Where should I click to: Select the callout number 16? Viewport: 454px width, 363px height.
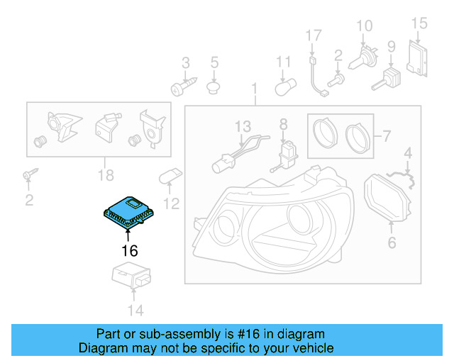tap(128, 250)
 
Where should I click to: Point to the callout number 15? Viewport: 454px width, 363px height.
tap(419, 24)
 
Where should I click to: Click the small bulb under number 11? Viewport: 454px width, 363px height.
tap(283, 87)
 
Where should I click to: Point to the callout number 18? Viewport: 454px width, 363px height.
tap(105, 175)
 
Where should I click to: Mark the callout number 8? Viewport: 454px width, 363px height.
tap(284, 125)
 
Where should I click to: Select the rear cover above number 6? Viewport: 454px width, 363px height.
tap(389, 199)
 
